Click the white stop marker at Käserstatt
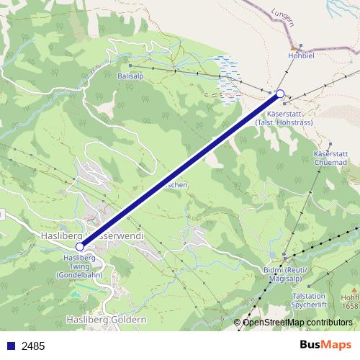[x=281, y=93]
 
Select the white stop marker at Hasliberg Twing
[x=80, y=246]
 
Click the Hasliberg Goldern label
[x=106, y=318]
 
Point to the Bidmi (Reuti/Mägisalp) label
[x=286, y=274]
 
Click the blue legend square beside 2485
[x=11, y=345]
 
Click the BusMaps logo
[x=325, y=344]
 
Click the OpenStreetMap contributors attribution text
[x=297, y=323]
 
